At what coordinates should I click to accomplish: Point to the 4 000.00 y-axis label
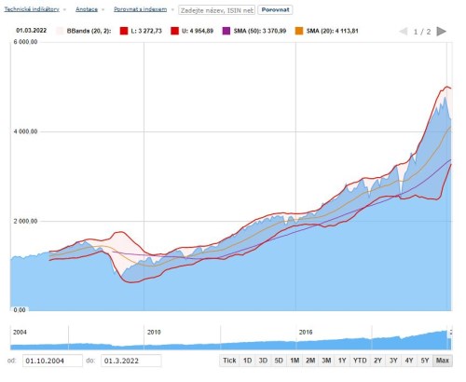coord(24,131)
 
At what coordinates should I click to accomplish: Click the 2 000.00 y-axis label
coord(24,221)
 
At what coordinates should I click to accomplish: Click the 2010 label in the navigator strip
coord(154,331)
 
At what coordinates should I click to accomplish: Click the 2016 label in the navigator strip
coord(306,331)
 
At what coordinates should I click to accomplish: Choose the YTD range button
coord(359,361)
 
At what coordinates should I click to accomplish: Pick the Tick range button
coord(229,361)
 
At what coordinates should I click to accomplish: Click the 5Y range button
coord(424,361)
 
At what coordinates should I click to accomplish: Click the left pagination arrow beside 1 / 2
coord(403,31)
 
